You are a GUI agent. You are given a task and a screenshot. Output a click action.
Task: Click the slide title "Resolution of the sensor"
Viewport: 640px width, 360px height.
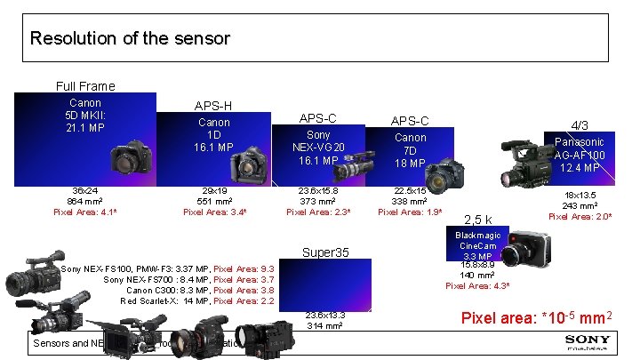point(130,39)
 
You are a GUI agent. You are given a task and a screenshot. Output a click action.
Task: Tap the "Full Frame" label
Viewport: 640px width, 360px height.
point(85,86)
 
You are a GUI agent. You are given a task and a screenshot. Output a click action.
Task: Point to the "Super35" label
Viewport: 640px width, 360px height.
point(325,252)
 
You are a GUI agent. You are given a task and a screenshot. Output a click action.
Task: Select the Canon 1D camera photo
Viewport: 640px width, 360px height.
point(246,165)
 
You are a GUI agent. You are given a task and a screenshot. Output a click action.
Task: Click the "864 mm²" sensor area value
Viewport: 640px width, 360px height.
point(85,202)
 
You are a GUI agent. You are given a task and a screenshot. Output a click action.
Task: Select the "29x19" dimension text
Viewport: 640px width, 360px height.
point(213,191)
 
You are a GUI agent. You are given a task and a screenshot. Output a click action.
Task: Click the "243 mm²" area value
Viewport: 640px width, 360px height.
point(579,206)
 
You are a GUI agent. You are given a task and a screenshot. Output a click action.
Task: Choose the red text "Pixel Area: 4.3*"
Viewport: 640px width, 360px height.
point(477,285)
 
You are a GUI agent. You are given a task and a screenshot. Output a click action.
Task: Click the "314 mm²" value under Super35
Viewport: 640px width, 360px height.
point(325,325)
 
